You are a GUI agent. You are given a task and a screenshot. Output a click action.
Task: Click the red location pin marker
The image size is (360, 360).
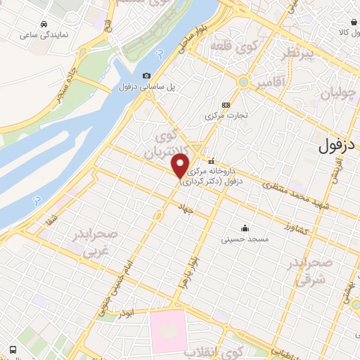point(181,167)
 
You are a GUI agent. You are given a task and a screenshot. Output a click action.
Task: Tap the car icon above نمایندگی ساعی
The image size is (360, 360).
point(44,23)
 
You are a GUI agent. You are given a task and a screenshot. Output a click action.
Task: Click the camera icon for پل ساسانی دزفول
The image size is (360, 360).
point(146,76)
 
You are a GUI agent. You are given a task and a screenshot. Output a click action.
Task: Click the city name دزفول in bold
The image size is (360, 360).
point(338,146)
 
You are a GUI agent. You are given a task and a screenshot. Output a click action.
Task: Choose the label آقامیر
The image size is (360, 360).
point(272,83)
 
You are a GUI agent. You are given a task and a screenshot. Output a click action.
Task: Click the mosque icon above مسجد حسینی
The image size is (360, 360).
point(245,228)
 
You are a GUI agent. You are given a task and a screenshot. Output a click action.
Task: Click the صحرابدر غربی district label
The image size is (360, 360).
point(94,243)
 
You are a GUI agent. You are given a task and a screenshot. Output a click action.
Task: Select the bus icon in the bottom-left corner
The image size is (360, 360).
point(13,349)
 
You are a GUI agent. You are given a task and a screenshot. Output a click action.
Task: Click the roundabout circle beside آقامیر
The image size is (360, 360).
point(243,82)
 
